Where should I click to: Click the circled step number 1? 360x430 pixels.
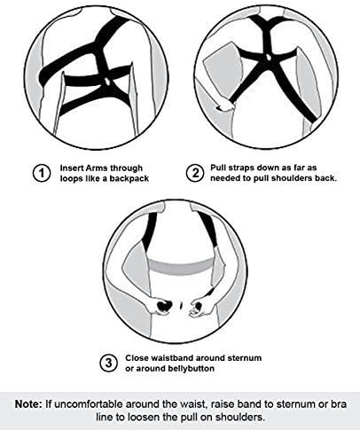point(42,174)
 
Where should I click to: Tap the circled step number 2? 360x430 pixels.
point(195,173)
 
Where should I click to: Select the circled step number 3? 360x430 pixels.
point(109,363)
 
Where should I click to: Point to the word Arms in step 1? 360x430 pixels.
point(97,168)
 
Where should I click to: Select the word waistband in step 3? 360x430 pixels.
point(172,358)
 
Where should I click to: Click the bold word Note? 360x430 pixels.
point(28,404)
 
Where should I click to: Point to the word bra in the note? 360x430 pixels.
point(339,404)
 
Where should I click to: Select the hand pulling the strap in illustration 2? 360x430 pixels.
point(225,106)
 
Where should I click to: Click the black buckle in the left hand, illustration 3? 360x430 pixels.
point(163,306)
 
